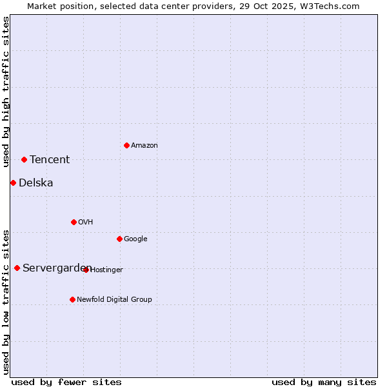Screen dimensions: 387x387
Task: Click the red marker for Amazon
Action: [x=126, y=145]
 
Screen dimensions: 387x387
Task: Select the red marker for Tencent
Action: [x=24, y=159]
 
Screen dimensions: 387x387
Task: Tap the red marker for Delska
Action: [x=13, y=183]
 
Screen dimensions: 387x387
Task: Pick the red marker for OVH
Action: [x=74, y=222]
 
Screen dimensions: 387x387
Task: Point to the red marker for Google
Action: [x=119, y=239]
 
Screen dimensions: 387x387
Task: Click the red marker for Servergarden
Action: [x=17, y=268]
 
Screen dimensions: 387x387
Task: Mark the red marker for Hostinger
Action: [x=86, y=270]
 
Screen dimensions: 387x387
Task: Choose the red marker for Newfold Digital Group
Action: [x=72, y=299]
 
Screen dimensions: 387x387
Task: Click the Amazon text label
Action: [x=144, y=146]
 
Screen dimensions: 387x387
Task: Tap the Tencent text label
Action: [x=50, y=160]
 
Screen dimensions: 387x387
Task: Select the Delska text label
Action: [x=36, y=183]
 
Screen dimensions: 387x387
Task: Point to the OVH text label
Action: [x=86, y=223]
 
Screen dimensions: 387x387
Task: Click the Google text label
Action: [x=135, y=239]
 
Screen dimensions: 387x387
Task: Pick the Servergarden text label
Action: [x=55, y=268]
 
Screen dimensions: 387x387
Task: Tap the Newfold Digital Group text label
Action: [x=114, y=299]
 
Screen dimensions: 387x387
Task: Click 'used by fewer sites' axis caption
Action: [x=66, y=382]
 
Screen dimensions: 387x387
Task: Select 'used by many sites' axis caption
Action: [x=324, y=382]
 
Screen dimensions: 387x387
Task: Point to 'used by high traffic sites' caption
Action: [x=6, y=92]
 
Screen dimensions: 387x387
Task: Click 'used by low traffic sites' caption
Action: [x=6, y=301]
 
